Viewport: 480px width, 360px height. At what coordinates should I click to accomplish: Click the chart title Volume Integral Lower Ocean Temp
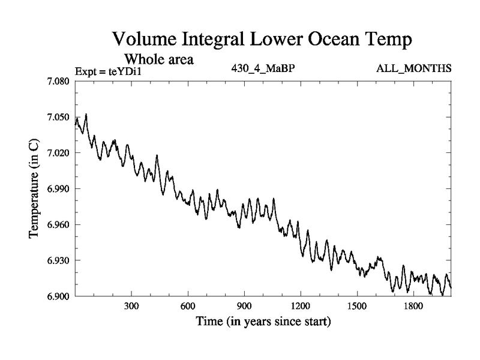[262, 41]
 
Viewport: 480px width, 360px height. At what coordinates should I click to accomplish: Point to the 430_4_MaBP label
[263, 68]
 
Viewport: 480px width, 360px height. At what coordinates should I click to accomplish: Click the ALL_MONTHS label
[414, 68]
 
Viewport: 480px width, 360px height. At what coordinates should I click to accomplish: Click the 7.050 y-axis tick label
[58, 117]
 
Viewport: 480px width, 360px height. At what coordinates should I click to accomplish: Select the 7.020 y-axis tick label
[58, 153]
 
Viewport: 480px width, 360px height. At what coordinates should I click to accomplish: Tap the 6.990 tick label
[58, 189]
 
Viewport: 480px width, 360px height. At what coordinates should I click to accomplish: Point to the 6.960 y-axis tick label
[58, 225]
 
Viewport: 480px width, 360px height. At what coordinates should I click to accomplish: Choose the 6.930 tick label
[58, 260]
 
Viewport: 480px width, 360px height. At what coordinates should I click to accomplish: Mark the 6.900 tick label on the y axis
[58, 296]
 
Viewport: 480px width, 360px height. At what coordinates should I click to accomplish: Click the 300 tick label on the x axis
[131, 307]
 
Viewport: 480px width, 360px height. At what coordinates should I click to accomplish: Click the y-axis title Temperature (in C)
[34, 189]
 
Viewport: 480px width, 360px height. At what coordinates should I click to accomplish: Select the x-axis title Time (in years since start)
[263, 322]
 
